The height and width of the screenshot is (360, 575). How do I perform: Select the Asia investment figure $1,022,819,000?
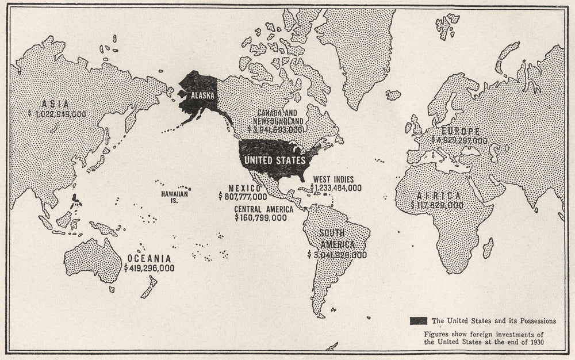56,114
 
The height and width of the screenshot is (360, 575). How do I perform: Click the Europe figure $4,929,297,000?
459,140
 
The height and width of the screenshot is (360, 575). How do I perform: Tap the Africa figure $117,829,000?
438,205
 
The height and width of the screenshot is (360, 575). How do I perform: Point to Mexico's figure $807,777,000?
243,197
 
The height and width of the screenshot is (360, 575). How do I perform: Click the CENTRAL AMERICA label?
263,209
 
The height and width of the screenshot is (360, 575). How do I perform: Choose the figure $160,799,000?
260,218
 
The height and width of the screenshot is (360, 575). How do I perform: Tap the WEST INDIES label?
334,179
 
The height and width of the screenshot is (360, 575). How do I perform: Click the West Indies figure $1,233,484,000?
336,187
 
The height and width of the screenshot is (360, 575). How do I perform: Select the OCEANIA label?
149,259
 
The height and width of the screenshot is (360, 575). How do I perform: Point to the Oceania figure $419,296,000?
149,268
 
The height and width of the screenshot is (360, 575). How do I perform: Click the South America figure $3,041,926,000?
337,254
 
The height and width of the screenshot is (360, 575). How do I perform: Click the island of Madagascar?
488,248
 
